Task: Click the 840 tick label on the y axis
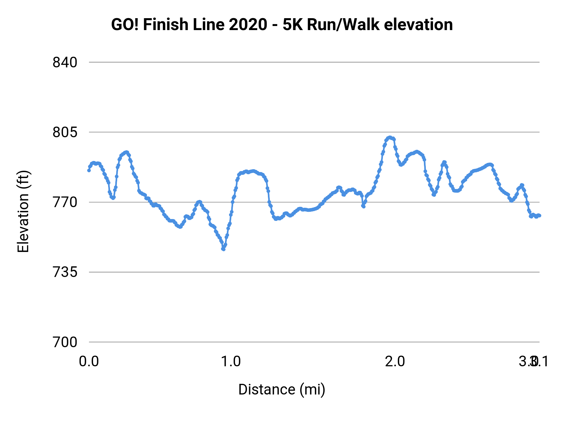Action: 65,62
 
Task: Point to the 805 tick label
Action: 65,132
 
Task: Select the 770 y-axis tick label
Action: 65,202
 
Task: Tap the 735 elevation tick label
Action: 65,272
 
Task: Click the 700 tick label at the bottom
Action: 65,342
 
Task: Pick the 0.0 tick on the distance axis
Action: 89,362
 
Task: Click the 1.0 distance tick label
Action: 231,362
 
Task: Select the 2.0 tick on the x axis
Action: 395,362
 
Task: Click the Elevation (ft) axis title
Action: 23,211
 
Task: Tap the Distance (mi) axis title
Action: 282,389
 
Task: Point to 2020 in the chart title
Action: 248,25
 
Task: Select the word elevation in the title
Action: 418,25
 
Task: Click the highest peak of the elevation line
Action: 390,137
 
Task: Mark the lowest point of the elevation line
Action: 223,249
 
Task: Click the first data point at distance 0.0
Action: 89,170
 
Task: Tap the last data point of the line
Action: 540,216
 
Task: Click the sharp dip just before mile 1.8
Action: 363,206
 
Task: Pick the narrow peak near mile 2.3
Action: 444,162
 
